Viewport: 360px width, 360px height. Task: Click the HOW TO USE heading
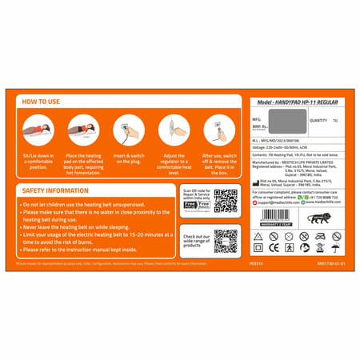(x=39, y=102)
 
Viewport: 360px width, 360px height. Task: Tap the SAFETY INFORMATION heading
(x=55, y=191)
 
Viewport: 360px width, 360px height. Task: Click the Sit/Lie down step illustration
(x=37, y=128)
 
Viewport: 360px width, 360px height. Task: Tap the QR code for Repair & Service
(x=226, y=201)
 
